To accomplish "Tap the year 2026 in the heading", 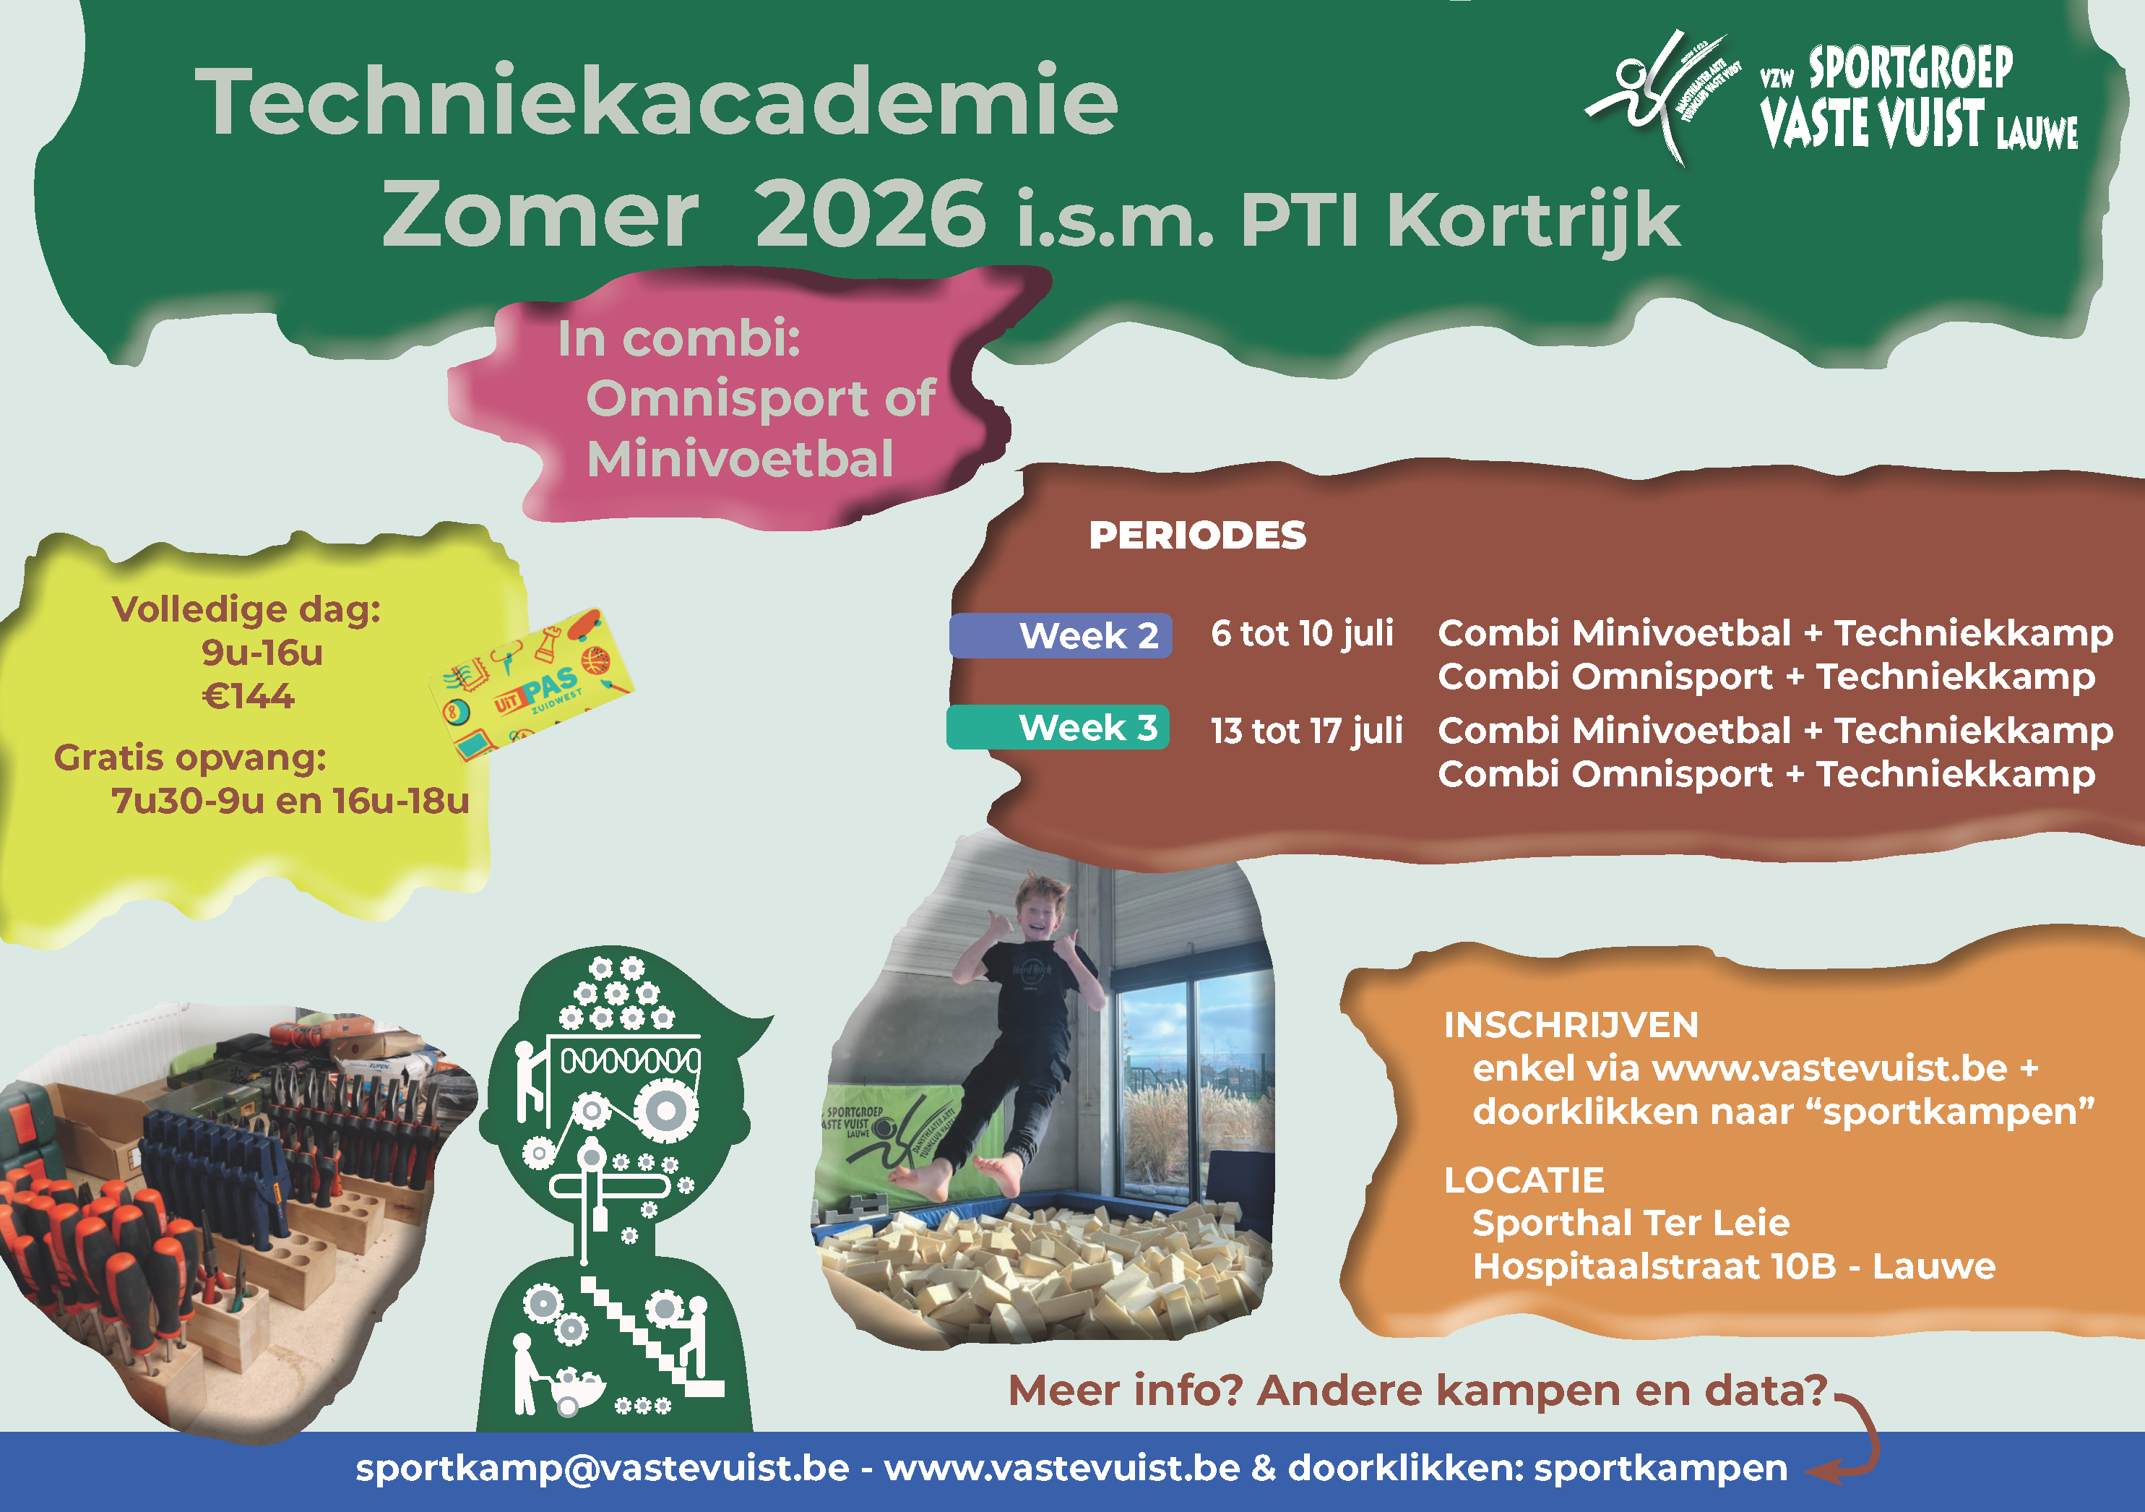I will coord(870,214).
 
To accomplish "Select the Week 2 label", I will coord(1087,635).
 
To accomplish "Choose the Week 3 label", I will coord(1087,727).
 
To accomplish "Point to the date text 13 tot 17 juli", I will coord(1306,731).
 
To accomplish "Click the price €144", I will coord(249,696).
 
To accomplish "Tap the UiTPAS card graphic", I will coord(530,685).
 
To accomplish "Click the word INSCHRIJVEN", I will coord(1571,1025).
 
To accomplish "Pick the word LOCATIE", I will coord(1524,1180).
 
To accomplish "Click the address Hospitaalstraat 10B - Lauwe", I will coord(1733,1266).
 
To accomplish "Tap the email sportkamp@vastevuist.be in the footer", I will coord(602,1468).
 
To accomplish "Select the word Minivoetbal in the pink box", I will coord(740,459).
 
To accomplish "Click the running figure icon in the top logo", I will coord(1644,93).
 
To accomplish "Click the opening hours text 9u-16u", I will coord(262,652).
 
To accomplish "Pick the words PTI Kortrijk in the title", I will coord(1459,220).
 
